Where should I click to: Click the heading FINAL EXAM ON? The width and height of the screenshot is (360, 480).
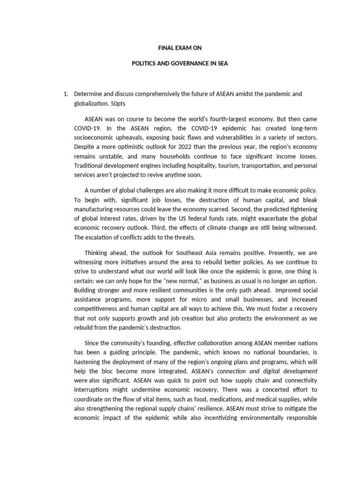click(180, 47)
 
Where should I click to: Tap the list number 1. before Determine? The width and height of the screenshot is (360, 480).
click(66, 94)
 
